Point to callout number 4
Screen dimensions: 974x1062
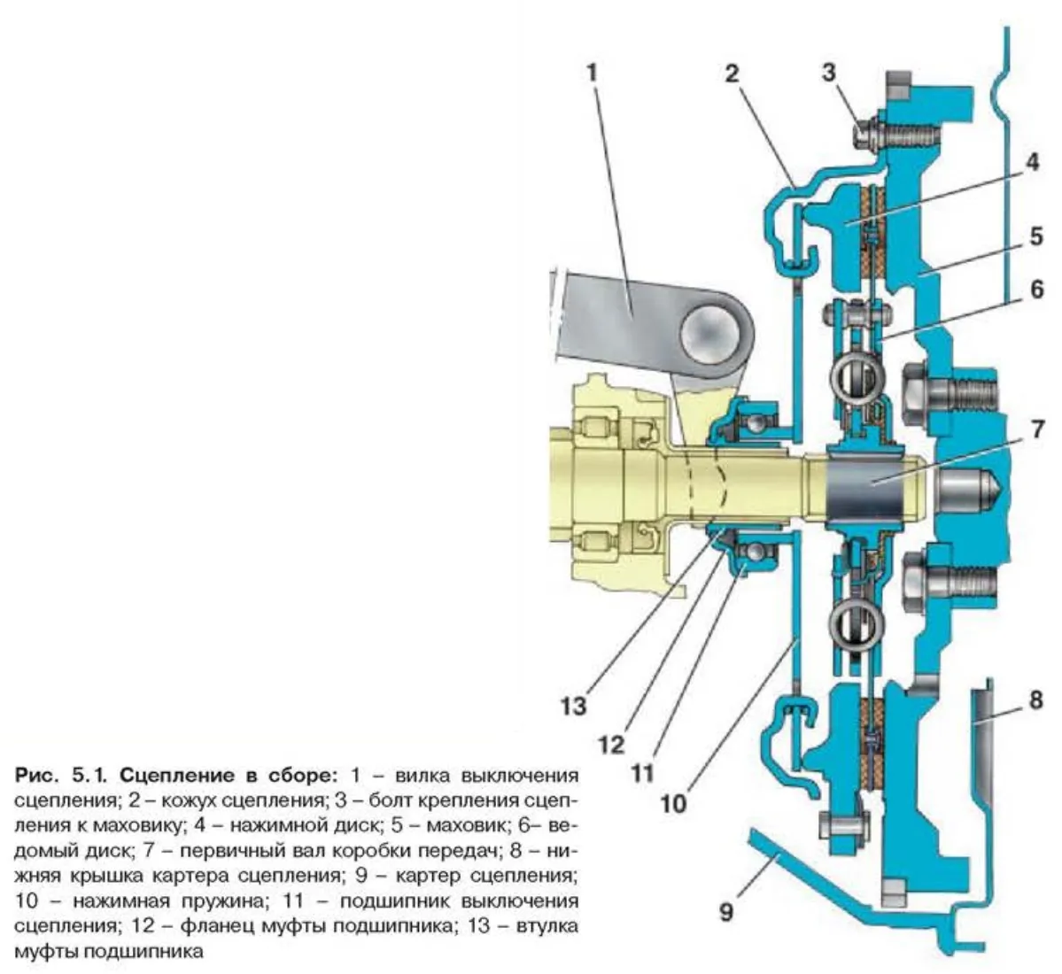(1031, 164)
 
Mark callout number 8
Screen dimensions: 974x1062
(1035, 701)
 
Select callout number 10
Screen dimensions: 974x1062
(673, 803)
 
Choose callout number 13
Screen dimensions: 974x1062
(573, 706)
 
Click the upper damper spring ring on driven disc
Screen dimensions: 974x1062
(852, 376)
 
